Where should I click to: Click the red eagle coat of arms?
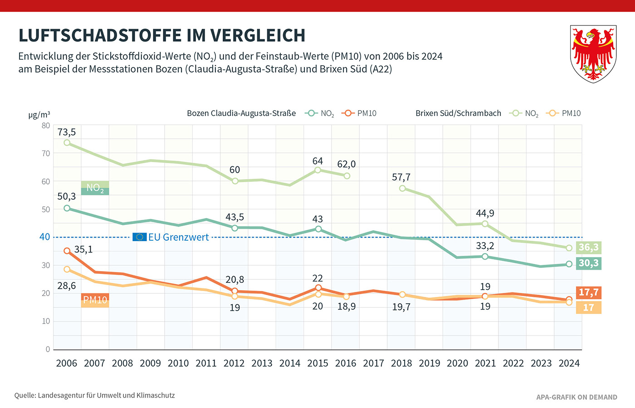pyautogui.click(x=593, y=53)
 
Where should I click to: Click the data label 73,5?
pyautogui.click(x=67, y=132)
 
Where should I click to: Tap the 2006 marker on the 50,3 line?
pyautogui.click(x=67, y=209)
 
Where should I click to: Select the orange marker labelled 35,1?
pyautogui.click(x=67, y=251)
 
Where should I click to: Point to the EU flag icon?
pyautogui.click(x=139, y=237)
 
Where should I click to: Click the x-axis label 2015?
pyautogui.click(x=317, y=364)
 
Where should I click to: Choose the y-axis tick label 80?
pyautogui.click(x=46, y=126)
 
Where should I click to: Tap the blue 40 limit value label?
pyautogui.click(x=45, y=237)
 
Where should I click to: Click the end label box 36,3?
pyautogui.click(x=588, y=248)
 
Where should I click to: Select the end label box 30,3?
pyautogui.click(x=588, y=263)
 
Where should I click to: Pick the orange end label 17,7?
pyautogui.click(x=588, y=292)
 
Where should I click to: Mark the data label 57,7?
pyautogui.click(x=401, y=177)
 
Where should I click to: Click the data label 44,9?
pyautogui.click(x=485, y=214)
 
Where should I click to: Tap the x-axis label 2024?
pyautogui.click(x=569, y=364)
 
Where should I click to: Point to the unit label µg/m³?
pyautogui.click(x=39, y=115)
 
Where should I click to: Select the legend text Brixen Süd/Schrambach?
pyautogui.click(x=458, y=113)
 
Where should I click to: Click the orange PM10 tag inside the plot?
pyautogui.click(x=95, y=300)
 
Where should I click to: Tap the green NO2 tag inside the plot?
pyautogui.click(x=95, y=188)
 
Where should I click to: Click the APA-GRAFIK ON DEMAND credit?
pyautogui.click(x=576, y=397)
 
